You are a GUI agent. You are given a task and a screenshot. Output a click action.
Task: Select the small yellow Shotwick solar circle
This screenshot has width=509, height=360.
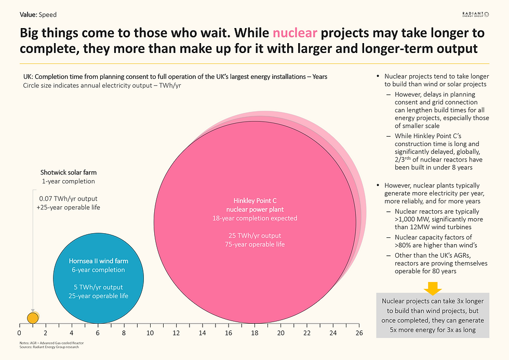32,317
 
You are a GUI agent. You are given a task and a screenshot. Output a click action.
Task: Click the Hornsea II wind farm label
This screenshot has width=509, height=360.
98,261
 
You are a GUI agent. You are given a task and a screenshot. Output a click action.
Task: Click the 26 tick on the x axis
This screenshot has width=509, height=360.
359,333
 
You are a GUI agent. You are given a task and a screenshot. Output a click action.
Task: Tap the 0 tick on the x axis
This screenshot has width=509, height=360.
19,333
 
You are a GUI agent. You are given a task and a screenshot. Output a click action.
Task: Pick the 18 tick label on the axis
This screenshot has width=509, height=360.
254,333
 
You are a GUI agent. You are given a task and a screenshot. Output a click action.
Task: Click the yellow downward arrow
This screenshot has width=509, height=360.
432,287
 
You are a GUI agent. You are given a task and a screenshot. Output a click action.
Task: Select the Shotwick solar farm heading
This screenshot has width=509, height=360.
69,172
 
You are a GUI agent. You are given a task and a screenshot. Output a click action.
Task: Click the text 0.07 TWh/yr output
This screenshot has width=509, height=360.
69,198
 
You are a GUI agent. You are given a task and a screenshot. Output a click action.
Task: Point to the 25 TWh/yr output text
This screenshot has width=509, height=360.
254,235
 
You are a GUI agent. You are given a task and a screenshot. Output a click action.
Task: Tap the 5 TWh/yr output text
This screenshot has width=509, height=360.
98,287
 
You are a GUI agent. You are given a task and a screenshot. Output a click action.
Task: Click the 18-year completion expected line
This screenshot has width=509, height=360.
254,218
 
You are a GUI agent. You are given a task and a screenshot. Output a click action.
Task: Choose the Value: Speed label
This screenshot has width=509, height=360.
39,15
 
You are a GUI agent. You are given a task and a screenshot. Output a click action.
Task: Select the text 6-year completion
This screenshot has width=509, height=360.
98,270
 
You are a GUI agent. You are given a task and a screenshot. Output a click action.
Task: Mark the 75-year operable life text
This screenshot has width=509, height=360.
254,244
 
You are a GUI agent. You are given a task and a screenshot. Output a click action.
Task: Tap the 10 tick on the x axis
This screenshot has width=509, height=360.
150,333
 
